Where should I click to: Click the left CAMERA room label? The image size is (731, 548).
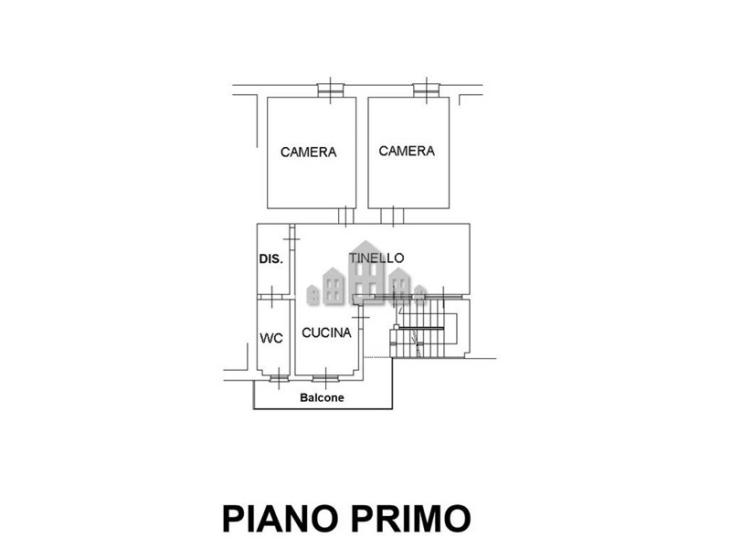(308, 153)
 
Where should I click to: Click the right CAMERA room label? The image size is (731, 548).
(407, 151)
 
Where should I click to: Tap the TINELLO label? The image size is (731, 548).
(376, 258)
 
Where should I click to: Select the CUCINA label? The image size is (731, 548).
(326, 332)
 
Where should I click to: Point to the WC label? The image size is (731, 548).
(271, 338)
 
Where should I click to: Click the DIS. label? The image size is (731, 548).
(270, 259)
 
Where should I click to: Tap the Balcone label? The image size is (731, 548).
(322, 397)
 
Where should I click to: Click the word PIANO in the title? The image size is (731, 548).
(281, 519)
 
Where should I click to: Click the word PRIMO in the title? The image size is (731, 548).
(410, 519)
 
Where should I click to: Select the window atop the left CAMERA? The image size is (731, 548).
(330, 90)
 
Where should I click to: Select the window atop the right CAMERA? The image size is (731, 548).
(426, 90)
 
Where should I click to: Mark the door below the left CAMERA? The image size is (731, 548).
(346, 216)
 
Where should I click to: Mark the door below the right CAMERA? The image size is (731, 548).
(392, 216)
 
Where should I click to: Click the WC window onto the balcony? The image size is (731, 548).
(279, 378)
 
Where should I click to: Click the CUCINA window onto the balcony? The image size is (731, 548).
(325, 378)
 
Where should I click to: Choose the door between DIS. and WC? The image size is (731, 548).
(271, 297)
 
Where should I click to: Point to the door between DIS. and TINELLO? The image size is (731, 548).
(291, 239)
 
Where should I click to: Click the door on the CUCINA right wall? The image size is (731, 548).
(361, 317)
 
